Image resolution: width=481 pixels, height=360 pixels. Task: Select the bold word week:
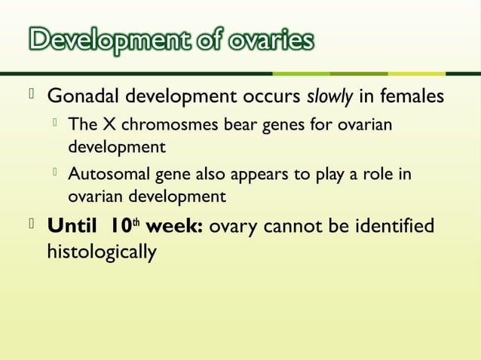click(x=173, y=226)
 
